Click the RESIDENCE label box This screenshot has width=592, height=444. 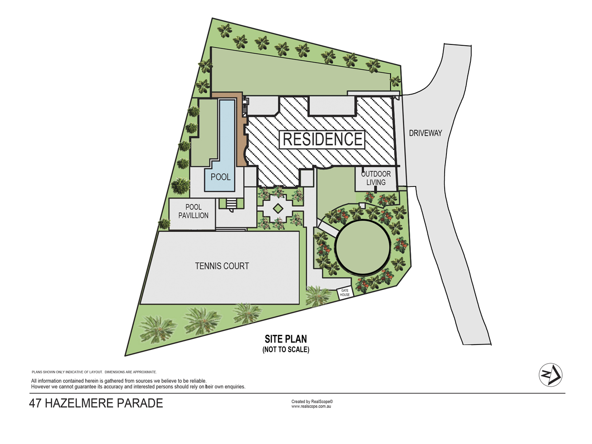tap(322, 139)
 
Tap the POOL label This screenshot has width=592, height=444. tap(221, 177)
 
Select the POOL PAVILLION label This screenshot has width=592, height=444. tap(193, 211)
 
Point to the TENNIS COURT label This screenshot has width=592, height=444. tap(222, 266)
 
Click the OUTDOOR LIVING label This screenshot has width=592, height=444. tap(376, 178)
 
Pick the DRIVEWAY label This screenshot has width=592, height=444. tap(426, 133)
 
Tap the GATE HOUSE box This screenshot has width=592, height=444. tap(345, 293)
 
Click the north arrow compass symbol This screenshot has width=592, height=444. tap(550, 375)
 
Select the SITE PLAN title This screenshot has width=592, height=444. tap(286, 339)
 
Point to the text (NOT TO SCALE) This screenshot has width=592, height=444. tap(286, 349)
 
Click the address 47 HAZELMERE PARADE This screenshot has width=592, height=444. tap(96, 403)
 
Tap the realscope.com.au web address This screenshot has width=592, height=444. tap(311, 407)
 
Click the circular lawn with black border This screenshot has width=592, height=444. tap(363, 247)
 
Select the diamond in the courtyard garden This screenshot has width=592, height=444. tap(278, 209)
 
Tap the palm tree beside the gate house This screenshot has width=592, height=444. tap(318, 296)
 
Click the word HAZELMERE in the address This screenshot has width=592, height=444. tap(79, 403)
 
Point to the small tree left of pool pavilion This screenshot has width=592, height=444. tap(164, 224)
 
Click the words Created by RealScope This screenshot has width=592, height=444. tap(312, 401)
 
